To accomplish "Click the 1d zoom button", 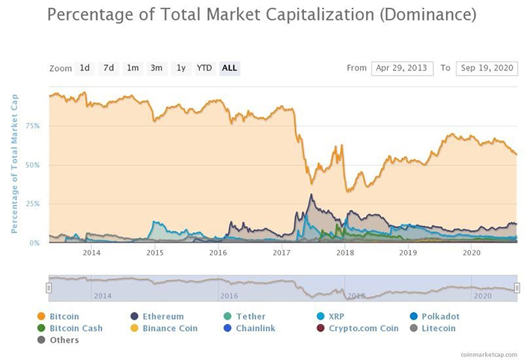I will coord(85,68).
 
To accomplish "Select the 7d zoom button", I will coord(109,68).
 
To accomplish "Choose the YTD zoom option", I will coord(204,68).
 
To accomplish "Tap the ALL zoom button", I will coord(230,68).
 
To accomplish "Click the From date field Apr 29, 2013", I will coord(402,68).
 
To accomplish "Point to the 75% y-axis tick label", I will coord(33,126).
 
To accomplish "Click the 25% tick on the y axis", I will coord(33,204).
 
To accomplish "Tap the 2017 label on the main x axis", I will coord(281,253).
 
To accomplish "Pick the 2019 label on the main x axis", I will coord(408,253).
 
